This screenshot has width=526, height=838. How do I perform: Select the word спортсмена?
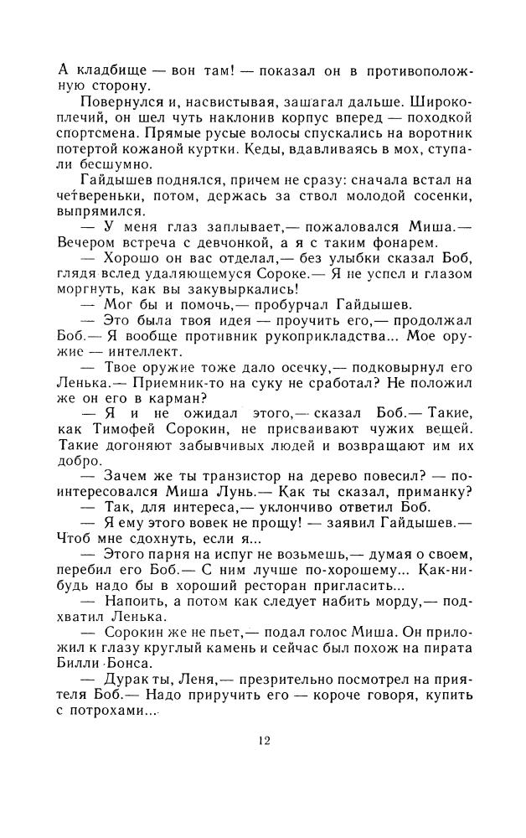[98, 132]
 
